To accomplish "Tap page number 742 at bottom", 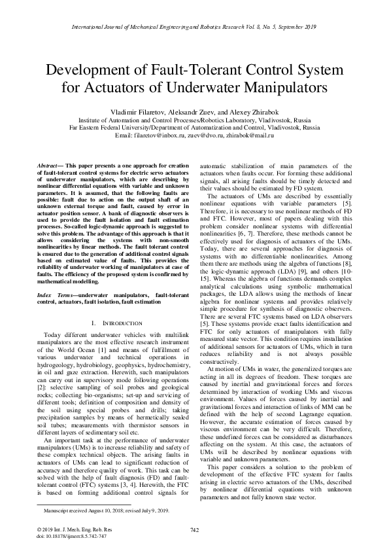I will coord(194,528).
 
